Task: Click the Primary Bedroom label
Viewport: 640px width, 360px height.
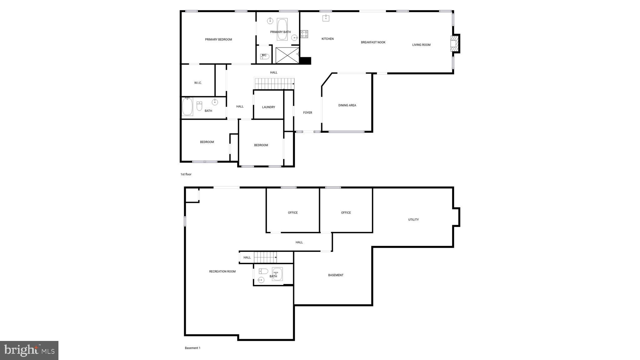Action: pos(218,40)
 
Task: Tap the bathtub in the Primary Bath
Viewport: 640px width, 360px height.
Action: pos(282,29)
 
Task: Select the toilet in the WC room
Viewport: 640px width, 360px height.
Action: pos(265,57)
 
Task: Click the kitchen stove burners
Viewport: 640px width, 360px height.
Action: pos(304,34)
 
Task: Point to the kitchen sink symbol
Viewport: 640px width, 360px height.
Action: pos(326,18)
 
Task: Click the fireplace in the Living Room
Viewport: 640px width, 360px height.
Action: pos(453,43)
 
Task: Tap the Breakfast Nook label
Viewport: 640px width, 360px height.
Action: pos(373,42)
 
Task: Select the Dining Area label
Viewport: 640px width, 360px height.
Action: pos(347,106)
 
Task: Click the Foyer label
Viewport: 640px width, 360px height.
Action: pos(307,113)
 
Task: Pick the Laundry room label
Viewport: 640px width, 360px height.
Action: pos(268,107)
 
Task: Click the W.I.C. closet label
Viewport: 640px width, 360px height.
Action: pos(198,83)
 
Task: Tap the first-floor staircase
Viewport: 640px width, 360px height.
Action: pos(274,84)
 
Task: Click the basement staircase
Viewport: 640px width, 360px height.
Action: pos(265,257)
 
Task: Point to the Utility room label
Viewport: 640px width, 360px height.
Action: pos(413,220)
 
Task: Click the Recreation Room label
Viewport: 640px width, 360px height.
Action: pos(222,272)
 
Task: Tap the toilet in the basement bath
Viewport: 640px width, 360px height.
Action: pos(263,271)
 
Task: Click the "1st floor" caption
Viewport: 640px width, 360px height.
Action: pos(186,174)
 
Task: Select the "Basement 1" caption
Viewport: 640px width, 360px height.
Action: pos(192,348)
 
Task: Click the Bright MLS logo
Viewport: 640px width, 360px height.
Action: pos(29,350)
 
